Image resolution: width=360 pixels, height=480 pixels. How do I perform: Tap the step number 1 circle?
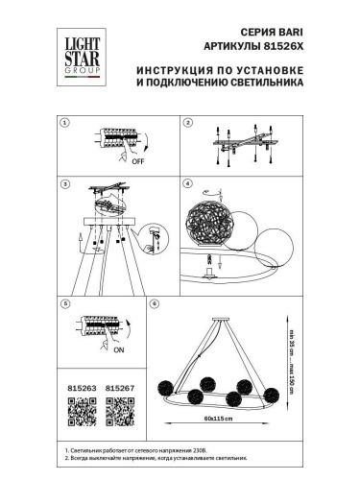pos(64,124)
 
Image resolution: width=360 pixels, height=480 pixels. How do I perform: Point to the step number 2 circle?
pos(188,124)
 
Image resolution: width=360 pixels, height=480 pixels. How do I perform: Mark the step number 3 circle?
pos(64,182)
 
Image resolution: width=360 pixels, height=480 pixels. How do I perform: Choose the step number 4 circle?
pos(188,182)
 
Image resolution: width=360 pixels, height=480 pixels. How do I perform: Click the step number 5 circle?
pos(64,303)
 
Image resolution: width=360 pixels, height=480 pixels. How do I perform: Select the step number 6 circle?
pos(155,303)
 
